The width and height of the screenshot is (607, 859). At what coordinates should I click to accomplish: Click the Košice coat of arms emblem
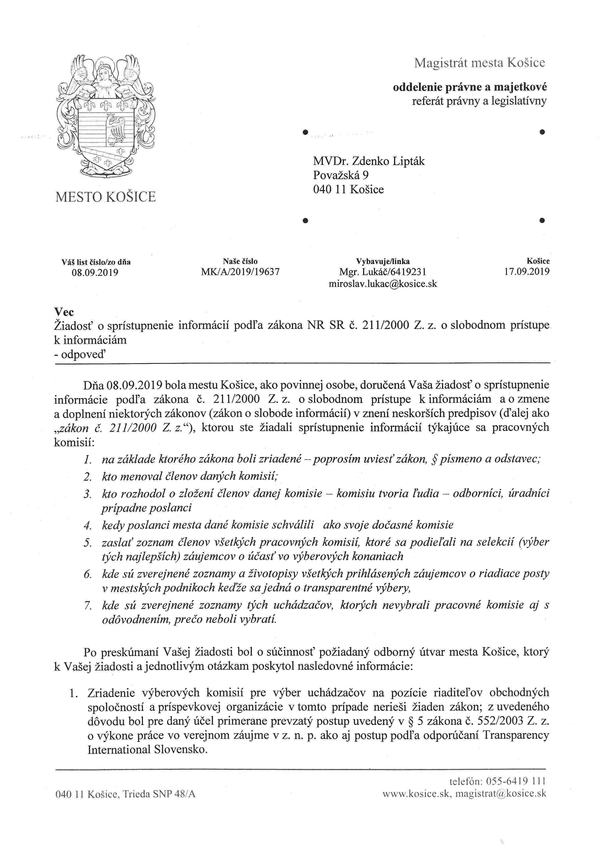coord(106,116)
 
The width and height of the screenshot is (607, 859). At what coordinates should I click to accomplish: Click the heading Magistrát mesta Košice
coord(479,63)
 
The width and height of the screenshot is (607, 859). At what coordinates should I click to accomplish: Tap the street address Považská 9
coord(340,175)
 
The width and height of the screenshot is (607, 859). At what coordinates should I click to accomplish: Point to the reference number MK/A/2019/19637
coord(240,272)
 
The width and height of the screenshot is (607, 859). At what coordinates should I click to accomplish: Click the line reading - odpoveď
coord(80,354)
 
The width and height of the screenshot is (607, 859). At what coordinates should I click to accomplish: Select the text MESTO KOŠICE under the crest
coord(105,197)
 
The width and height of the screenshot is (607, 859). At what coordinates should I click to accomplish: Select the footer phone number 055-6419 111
coord(515,781)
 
